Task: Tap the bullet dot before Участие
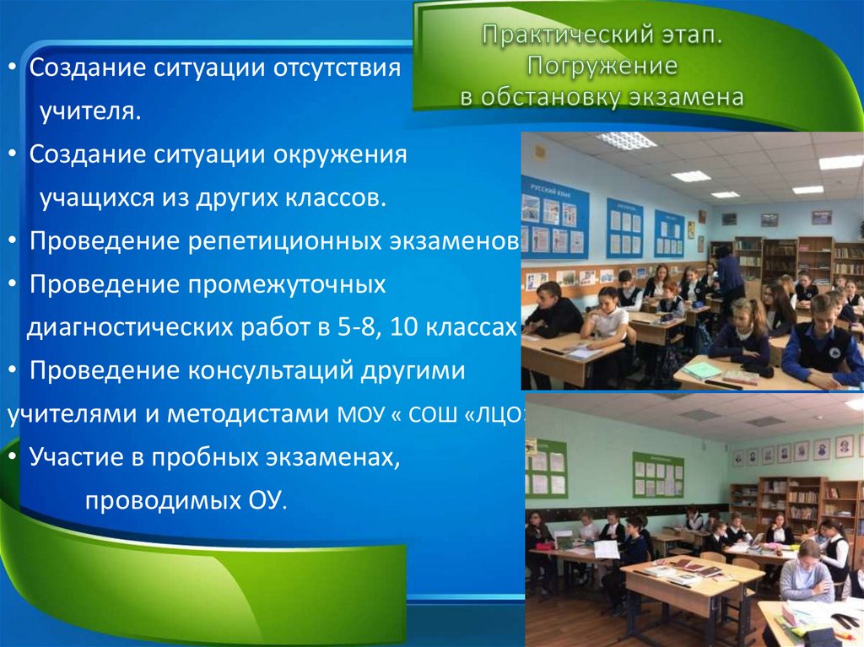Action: pyautogui.click(x=17, y=458)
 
